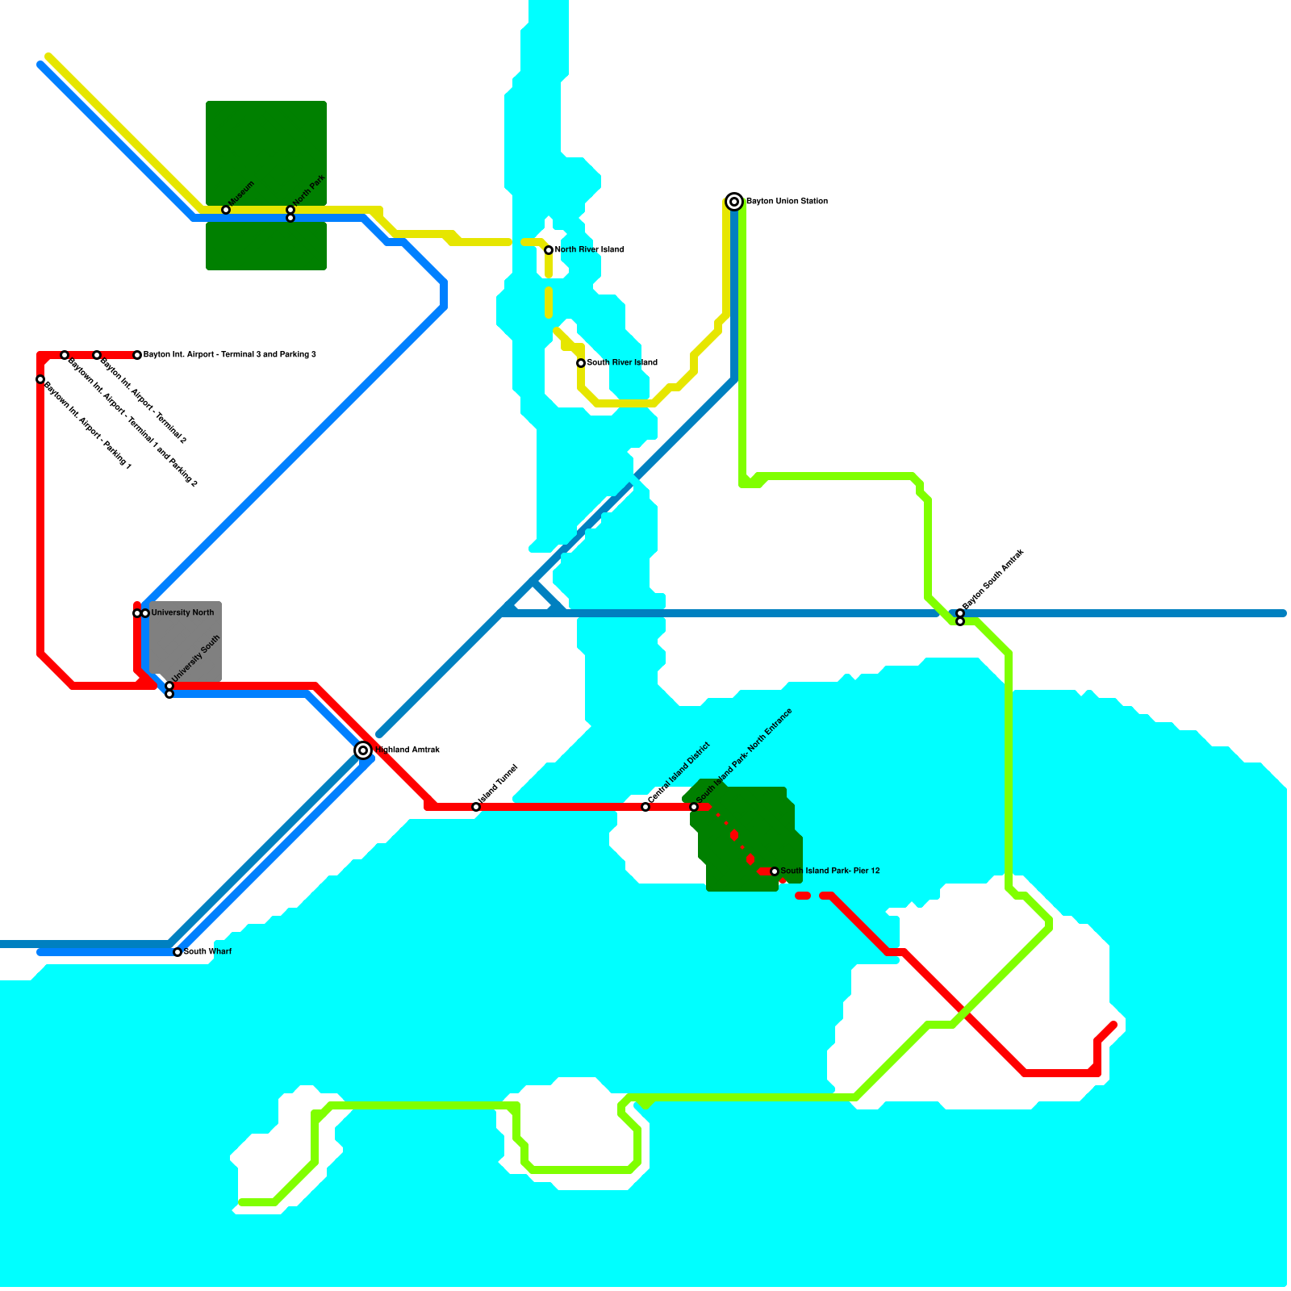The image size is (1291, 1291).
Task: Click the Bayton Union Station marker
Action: pyautogui.click(x=734, y=202)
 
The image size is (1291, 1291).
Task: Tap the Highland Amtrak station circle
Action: pyautogui.click(x=363, y=750)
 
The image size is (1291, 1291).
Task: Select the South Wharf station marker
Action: pyautogui.click(x=178, y=952)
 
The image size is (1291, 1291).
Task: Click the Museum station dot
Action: pyautogui.click(x=226, y=210)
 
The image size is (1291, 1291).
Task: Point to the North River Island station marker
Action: pyautogui.click(x=549, y=250)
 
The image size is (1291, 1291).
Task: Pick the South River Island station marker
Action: pyautogui.click(x=581, y=363)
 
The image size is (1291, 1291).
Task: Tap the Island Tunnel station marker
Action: pyautogui.click(x=476, y=807)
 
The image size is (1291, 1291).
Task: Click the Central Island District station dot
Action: pyautogui.click(x=645, y=807)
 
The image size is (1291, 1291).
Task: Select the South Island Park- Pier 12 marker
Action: pyautogui.click(x=775, y=871)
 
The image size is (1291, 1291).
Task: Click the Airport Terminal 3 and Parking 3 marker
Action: pyautogui.click(x=137, y=355)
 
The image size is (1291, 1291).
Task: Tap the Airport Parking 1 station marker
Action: pyautogui.click(x=40, y=379)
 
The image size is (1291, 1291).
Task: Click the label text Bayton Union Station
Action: pyautogui.click(x=787, y=202)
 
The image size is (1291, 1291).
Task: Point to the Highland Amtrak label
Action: pyautogui.click(x=407, y=750)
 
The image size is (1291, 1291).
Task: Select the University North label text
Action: pyautogui.click(x=182, y=613)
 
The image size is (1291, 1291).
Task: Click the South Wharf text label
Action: pyautogui.click(x=207, y=952)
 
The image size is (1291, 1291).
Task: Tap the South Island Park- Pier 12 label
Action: pyautogui.click(x=829, y=871)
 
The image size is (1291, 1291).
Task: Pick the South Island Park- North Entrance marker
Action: pyautogui.click(x=694, y=807)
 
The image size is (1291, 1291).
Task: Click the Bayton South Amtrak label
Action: pyautogui.click(x=992, y=579)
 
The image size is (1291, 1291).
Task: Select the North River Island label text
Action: pyautogui.click(x=589, y=250)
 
